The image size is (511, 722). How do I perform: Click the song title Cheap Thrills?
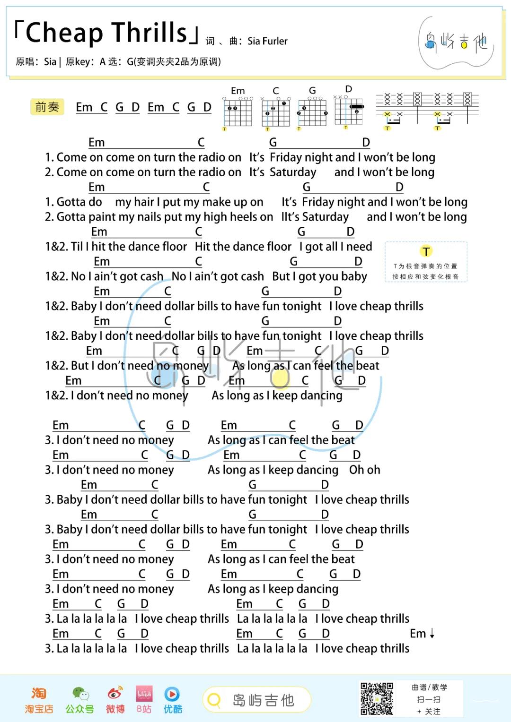106,33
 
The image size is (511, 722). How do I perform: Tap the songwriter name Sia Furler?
267,42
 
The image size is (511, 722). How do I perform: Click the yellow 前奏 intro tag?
47,107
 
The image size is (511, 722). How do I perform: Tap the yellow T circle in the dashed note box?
426,251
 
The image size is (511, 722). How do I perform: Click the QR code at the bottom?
377,698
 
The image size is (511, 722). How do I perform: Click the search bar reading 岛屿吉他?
256,700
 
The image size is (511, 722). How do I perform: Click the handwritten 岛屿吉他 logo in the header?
456,43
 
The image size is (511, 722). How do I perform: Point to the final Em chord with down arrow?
422,634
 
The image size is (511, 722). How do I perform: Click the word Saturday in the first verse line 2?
292,172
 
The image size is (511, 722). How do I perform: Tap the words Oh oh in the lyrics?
364,470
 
